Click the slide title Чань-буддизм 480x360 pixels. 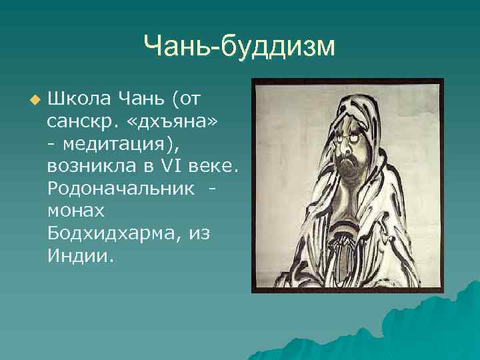(x=239, y=46)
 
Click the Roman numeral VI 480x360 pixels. (x=176, y=165)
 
